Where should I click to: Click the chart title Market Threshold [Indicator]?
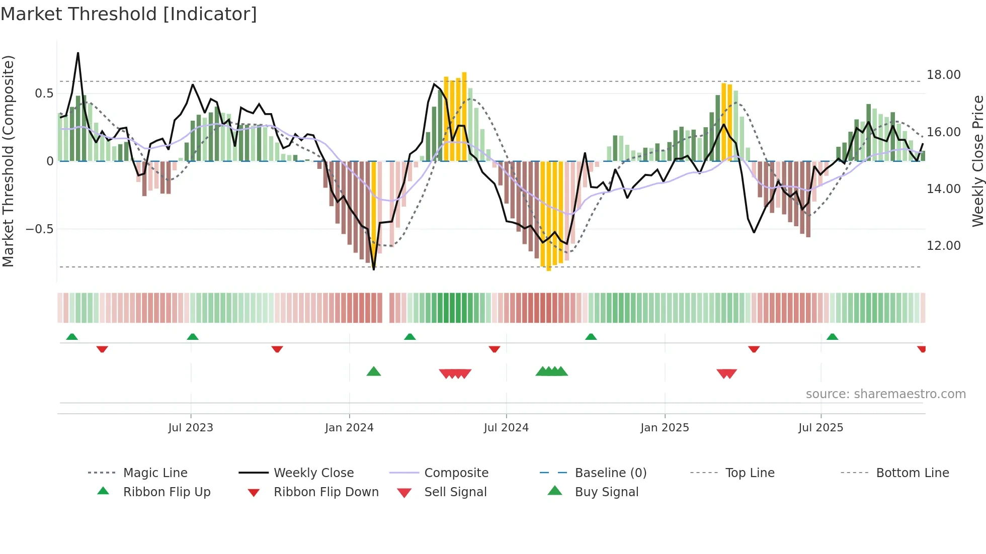(129, 14)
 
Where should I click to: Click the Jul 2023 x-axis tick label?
(191, 428)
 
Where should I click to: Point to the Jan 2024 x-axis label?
(349, 428)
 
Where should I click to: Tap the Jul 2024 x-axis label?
(506, 428)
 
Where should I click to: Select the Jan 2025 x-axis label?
(665, 428)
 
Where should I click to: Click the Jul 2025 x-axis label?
(820, 428)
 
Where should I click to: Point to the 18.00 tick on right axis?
(943, 75)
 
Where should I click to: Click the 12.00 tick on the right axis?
(943, 246)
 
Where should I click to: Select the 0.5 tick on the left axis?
(44, 94)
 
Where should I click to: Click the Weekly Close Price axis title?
(977, 161)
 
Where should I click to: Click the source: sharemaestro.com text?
(885, 394)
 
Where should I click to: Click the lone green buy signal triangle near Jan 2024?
(374, 372)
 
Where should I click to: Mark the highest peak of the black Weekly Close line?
(78, 53)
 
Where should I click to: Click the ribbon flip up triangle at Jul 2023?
(193, 337)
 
